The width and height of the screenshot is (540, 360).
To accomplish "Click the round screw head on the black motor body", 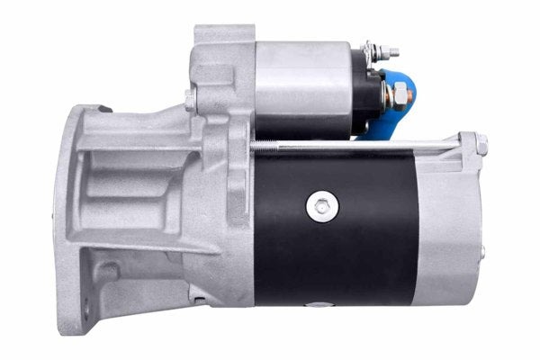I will click(320, 206).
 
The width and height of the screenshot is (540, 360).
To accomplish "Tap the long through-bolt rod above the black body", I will click(360, 145).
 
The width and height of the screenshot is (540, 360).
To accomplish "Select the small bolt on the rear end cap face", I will click(482, 252).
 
